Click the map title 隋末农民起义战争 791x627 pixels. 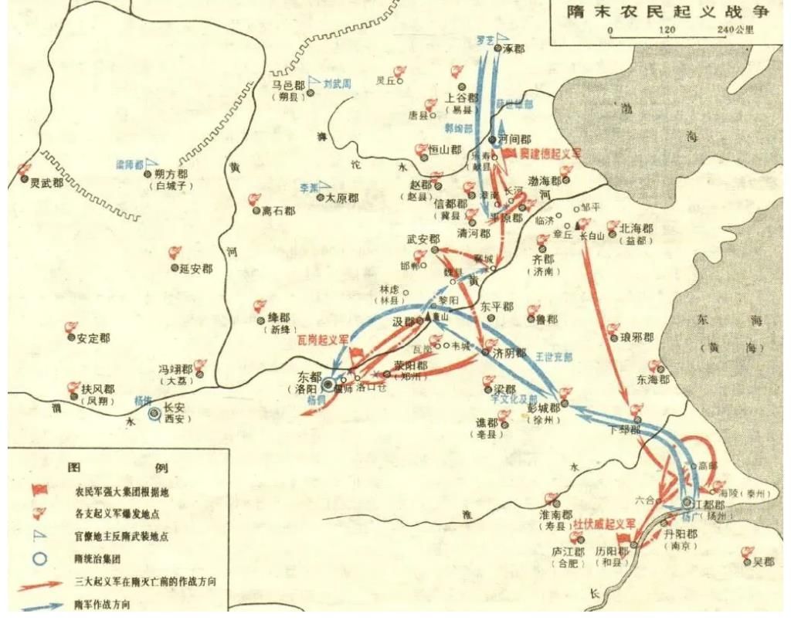click(667, 12)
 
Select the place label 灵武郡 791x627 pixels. click(46, 184)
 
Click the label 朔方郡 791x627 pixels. click(171, 175)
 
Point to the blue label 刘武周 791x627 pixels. click(338, 81)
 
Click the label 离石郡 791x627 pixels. click(278, 210)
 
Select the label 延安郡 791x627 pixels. click(196, 268)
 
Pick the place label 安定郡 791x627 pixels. click(93, 338)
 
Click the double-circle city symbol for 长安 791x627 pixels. click(154, 414)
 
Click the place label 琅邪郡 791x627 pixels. click(637, 337)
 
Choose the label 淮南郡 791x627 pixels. click(555, 514)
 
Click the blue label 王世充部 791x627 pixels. click(554, 357)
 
